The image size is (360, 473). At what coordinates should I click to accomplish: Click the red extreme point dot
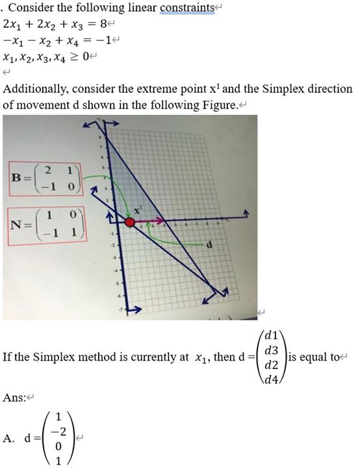(x=129, y=222)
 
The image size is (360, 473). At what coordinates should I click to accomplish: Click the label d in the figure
(x=209, y=245)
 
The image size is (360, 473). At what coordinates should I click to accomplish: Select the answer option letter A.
(x=8, y=439)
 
